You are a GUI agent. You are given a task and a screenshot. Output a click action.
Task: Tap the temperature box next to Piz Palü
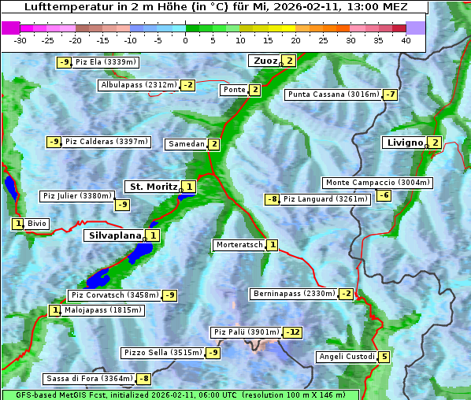(x=292, y=332)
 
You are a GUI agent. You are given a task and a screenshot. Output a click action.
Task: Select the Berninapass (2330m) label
(x=294, y=294)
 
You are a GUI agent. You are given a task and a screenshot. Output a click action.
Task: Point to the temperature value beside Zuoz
(x=289, y=61)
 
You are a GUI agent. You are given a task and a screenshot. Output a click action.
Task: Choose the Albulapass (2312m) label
(x=139, y=85)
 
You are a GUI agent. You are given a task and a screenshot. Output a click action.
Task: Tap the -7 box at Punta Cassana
(x=390, y=95)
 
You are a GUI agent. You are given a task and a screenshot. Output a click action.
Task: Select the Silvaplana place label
(x=115, y=235)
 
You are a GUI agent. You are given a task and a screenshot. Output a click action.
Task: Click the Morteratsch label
(x=239, y=246)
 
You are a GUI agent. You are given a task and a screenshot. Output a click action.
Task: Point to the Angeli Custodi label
(x=347, y=357)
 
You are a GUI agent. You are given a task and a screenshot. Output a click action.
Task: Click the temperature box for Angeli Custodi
(x=384, y=357)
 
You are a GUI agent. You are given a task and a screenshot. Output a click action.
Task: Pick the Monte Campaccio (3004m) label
(x=377, y=183)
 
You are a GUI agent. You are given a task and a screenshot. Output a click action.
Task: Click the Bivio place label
(x=37, y=224)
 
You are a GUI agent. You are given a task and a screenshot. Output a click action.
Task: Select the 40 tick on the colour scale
(x=406, y=40)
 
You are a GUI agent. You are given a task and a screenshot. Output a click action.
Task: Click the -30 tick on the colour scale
(x=20, y=40)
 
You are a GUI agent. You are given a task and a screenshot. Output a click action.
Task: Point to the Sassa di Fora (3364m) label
(x=89, y=379)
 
